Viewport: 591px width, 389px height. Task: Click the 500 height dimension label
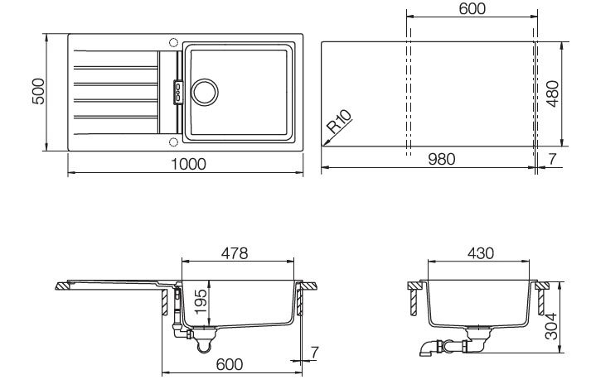38,91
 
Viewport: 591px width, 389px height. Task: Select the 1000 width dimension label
188,164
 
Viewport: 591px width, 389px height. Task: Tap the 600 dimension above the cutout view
472,8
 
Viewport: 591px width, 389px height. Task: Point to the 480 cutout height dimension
553,94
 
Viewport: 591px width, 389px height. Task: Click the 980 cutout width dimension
442,159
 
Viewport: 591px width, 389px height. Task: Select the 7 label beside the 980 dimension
552,159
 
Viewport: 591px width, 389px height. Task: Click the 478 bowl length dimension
235,253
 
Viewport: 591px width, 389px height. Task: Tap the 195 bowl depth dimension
201,301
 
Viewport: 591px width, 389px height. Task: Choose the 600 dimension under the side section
230,364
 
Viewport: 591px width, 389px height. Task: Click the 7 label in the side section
315,353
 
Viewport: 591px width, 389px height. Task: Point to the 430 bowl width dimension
481,253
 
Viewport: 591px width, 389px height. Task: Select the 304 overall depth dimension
552,326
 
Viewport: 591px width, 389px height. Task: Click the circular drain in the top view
205,92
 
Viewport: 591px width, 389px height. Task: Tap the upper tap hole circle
173,42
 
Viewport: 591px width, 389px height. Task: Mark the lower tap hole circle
173,142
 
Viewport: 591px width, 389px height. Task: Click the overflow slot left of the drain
178,92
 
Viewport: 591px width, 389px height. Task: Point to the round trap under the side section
204,344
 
